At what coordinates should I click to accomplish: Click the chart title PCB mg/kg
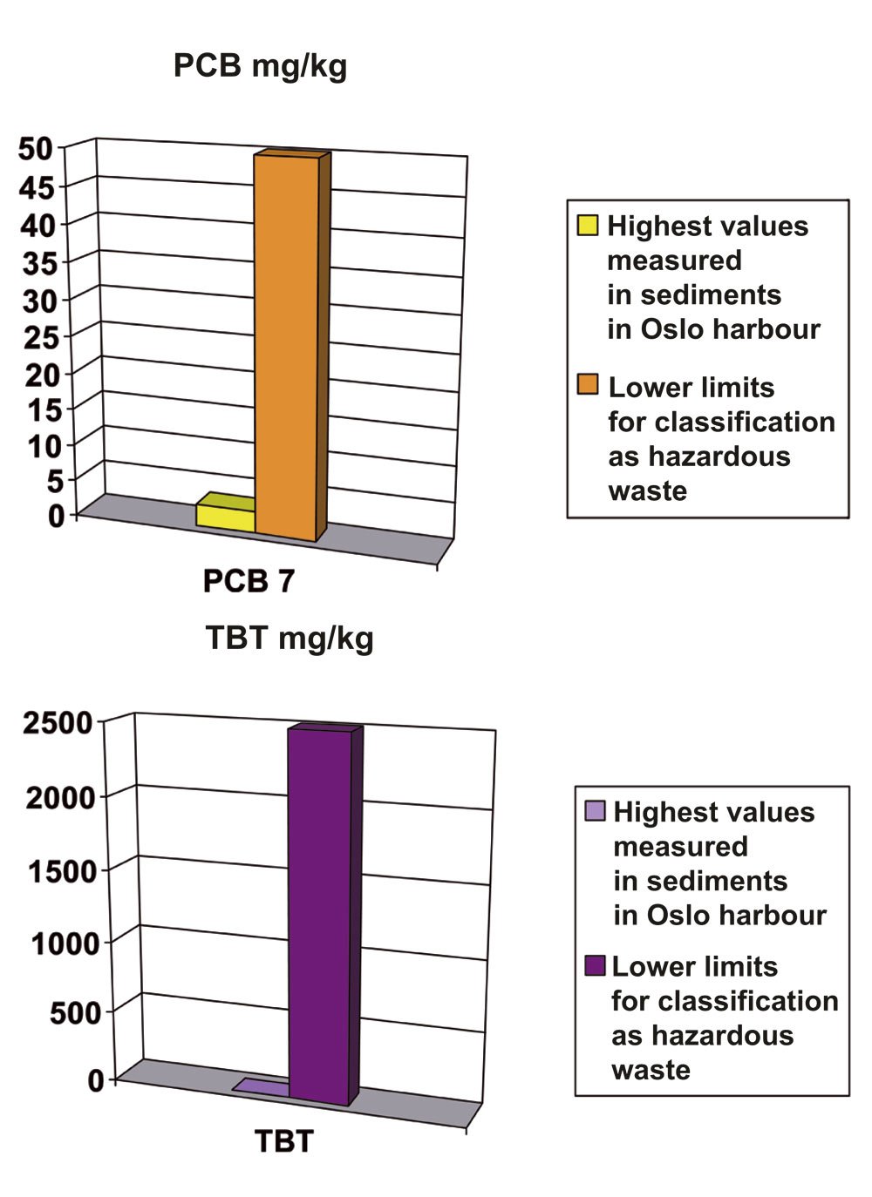click(x=260, y=66)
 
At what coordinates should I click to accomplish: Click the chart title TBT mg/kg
click(x=290, y=638)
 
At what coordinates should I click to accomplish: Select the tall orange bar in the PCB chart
click(x=286, y=348)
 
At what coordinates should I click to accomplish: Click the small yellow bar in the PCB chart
click(x=225, y=516)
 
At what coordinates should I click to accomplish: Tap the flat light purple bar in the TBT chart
click(x=262, y=1086)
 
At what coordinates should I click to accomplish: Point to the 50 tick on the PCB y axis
click(x=37, y=149)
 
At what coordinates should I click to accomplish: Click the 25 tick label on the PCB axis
click(x=39, y=337)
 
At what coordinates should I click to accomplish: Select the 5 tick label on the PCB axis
click(x=54, y=481)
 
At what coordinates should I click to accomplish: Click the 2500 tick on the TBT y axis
click(x=58, y=723)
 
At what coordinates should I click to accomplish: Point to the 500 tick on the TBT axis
click(x=75, y=1014)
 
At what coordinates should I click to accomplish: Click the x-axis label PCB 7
click(x=249, y=581)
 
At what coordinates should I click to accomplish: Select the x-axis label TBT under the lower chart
click(x=283, y=1141)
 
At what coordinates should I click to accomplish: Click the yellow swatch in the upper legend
click(x=588, y=226)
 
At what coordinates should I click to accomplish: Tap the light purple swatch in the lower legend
click(x=595, y=811)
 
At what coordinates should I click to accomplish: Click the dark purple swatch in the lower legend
click(x=595, y=966)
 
